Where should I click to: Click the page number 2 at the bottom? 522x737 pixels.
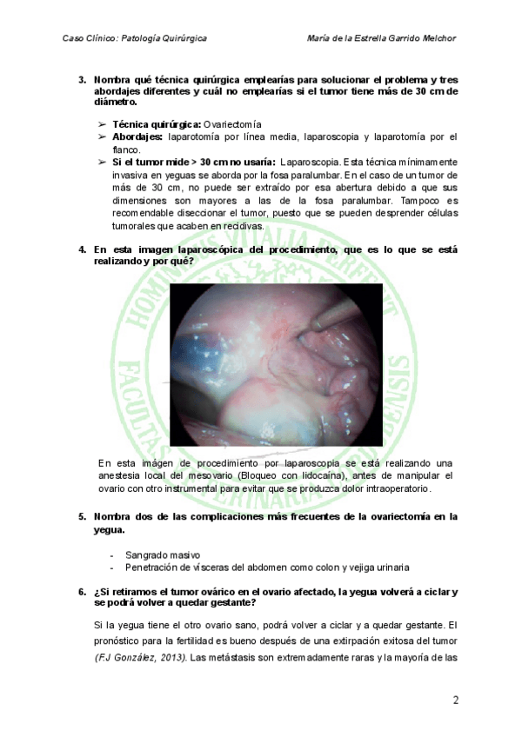point(456,700)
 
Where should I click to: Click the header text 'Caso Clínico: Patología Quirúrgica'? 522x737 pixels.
point(135,38)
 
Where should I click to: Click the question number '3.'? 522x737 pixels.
point(82,80)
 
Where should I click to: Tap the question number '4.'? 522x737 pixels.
point(82,249)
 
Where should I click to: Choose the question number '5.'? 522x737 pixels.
point(82,516)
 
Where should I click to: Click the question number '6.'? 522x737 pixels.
point(82,592)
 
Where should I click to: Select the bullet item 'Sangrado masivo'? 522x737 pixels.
point(163,554)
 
